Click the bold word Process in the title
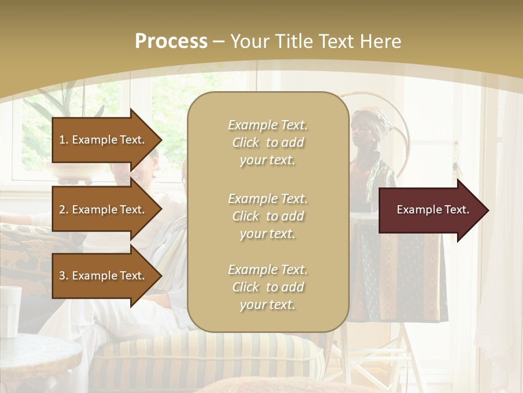tap(171, 41)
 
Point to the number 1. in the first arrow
tap(64, 140)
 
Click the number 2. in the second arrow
tap(64, 210)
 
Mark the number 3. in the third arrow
tap(64, 276)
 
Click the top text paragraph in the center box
tap(267, 142)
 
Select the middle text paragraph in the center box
tap(267, 216)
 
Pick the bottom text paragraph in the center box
tap(267, 287)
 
